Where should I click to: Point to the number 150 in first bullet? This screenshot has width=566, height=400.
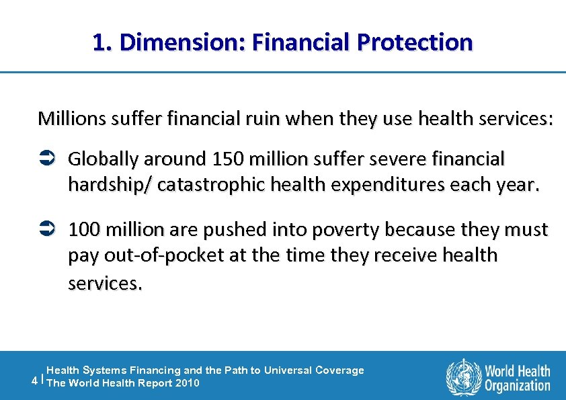click(227, 159)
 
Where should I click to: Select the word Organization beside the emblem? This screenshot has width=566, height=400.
click(518, 385)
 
